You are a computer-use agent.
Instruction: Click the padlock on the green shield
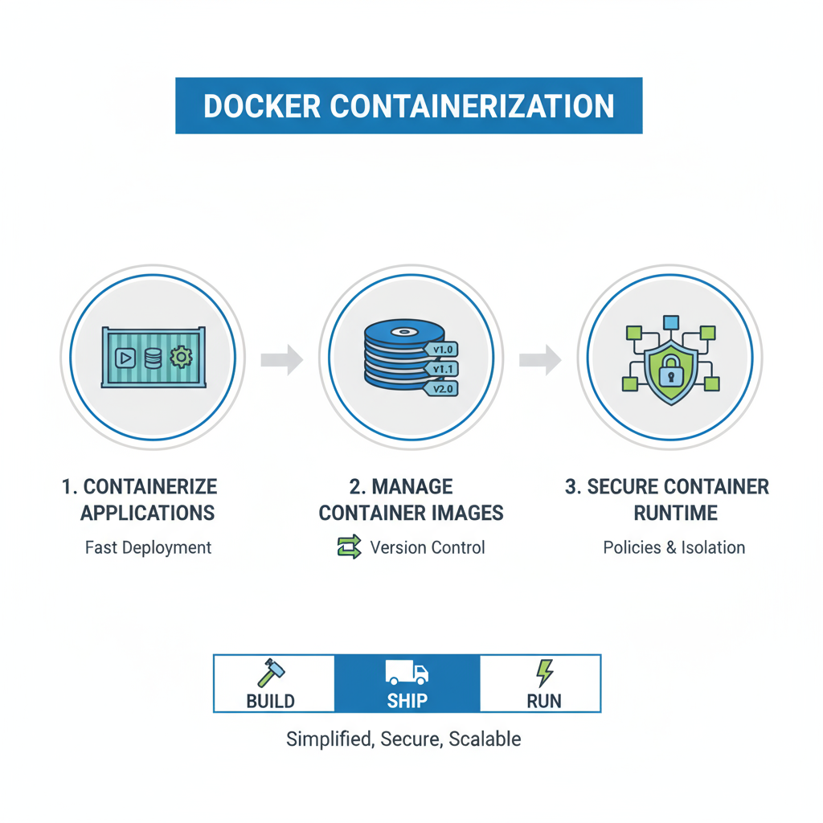[x=669, y=372]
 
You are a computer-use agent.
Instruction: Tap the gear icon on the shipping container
[x=182, y=358]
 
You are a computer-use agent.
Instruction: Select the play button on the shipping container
[x=125, y=358]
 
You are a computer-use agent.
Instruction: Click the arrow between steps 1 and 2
[x=282, y=359]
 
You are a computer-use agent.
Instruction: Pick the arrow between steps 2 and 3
[x=540, y=359]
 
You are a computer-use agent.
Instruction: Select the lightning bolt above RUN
[x=544, y=672]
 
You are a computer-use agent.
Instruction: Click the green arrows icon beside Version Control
[x=350, y=548]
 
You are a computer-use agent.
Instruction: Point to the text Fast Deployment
[x=148, y=548]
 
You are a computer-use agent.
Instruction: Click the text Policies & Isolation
[x=674, y=548]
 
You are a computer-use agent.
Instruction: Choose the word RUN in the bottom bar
[x=544, y=701]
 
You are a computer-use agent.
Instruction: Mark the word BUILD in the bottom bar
[x=271, y=701]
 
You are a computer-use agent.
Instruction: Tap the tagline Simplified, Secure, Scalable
[x=403, y=739]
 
